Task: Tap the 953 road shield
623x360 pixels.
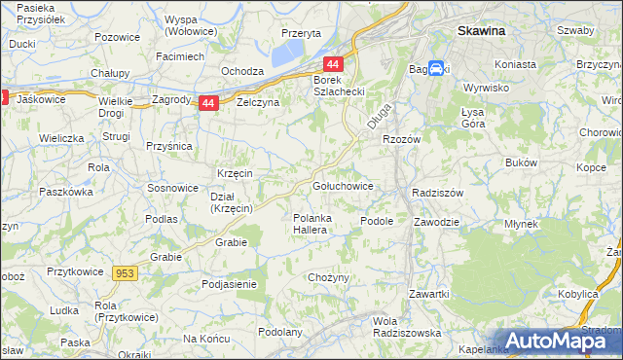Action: (x=125, y=273)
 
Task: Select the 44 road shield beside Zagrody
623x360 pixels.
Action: (x=208, y=102)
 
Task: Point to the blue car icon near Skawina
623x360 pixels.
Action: (x=437, y=70)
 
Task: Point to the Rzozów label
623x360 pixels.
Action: (x=400, y=139)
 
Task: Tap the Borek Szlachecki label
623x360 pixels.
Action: (x=337, y=85)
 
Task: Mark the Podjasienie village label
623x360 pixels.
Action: (x=228, y=283)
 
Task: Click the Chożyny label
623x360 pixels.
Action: (x=328, y=277)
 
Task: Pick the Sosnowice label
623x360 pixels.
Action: (x=172, y=186)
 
